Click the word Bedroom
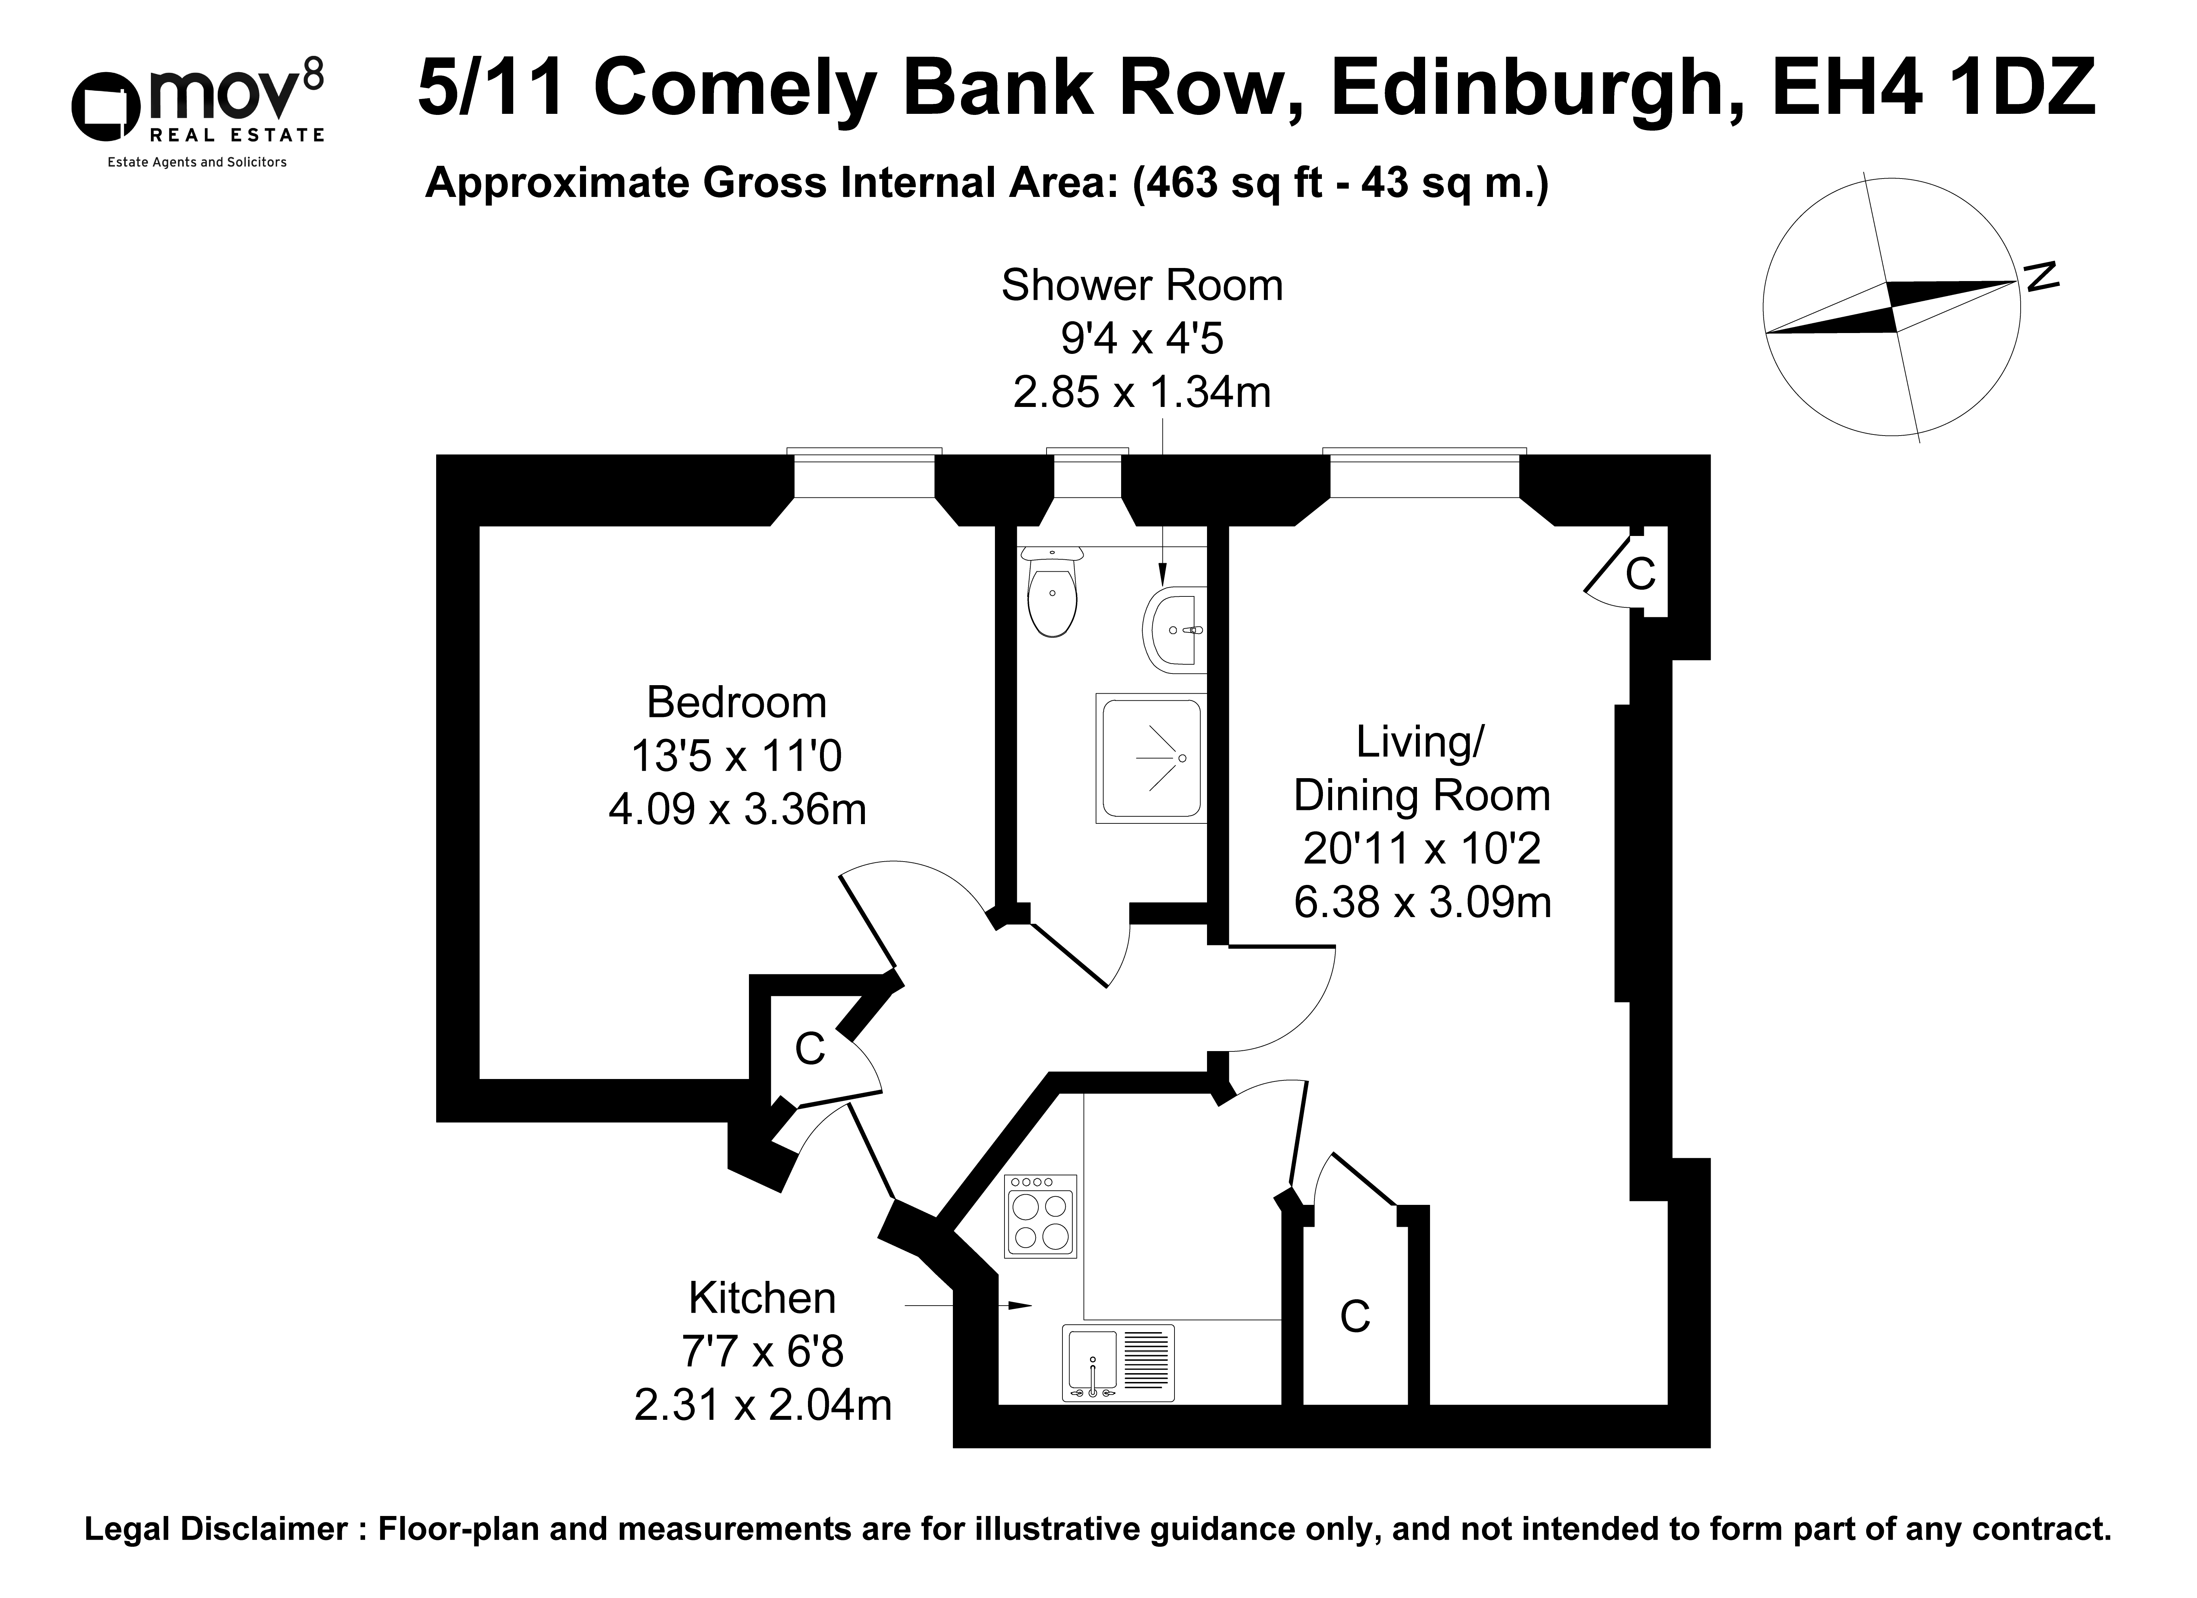(x=736, y=702)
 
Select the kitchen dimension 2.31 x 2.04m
(x=762, y=1404)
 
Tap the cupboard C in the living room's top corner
(x=1640, y=575)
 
